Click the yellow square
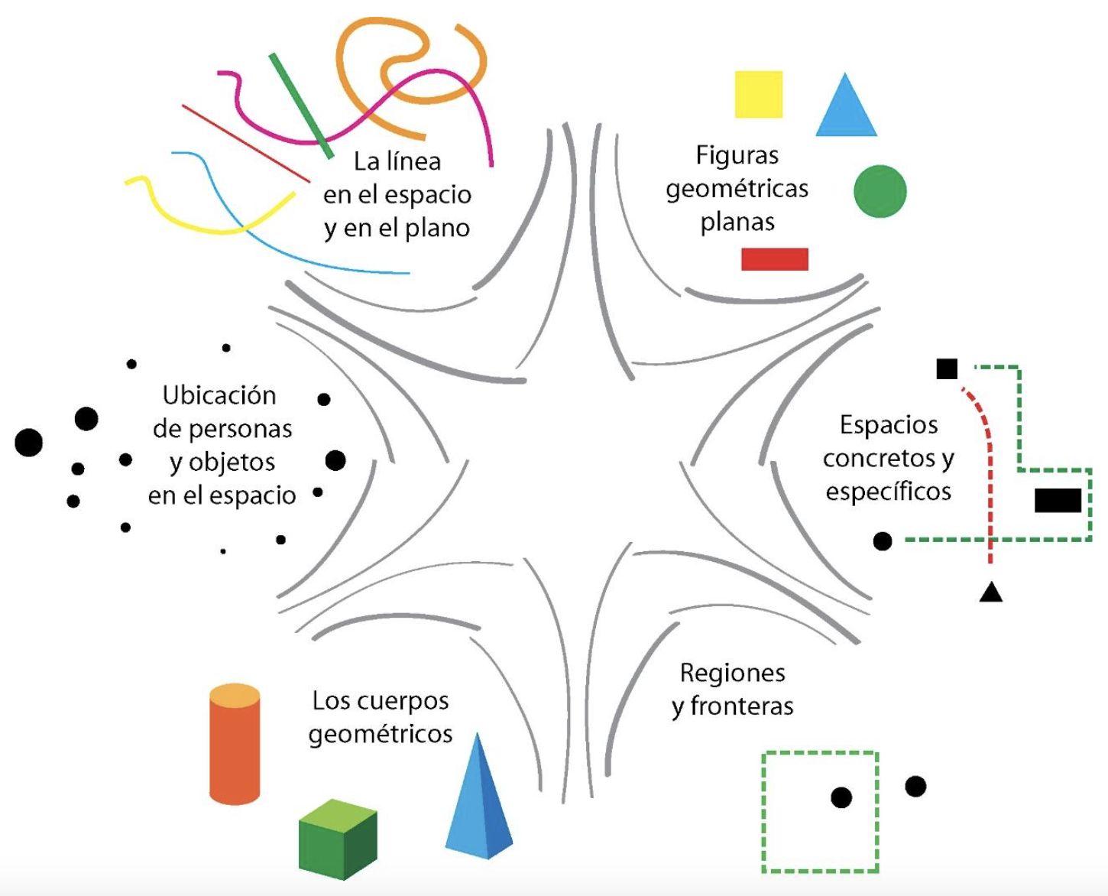coord(758,94)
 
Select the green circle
coord(880,191)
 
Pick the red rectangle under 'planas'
coord(774,259)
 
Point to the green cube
coord(337,839)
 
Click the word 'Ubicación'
coord(219,395)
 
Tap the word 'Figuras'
coord(737,155)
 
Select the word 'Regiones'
coord(732,673)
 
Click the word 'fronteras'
coord(741,706)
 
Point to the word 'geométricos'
coord(381,734)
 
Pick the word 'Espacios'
coord(889,424)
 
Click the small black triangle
coord(990,592)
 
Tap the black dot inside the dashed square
coord(841,797)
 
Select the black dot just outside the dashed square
coord(915,786)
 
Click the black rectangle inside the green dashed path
coord(1058,500)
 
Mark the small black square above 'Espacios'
coord(947,368)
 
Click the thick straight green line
coord(301,106)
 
